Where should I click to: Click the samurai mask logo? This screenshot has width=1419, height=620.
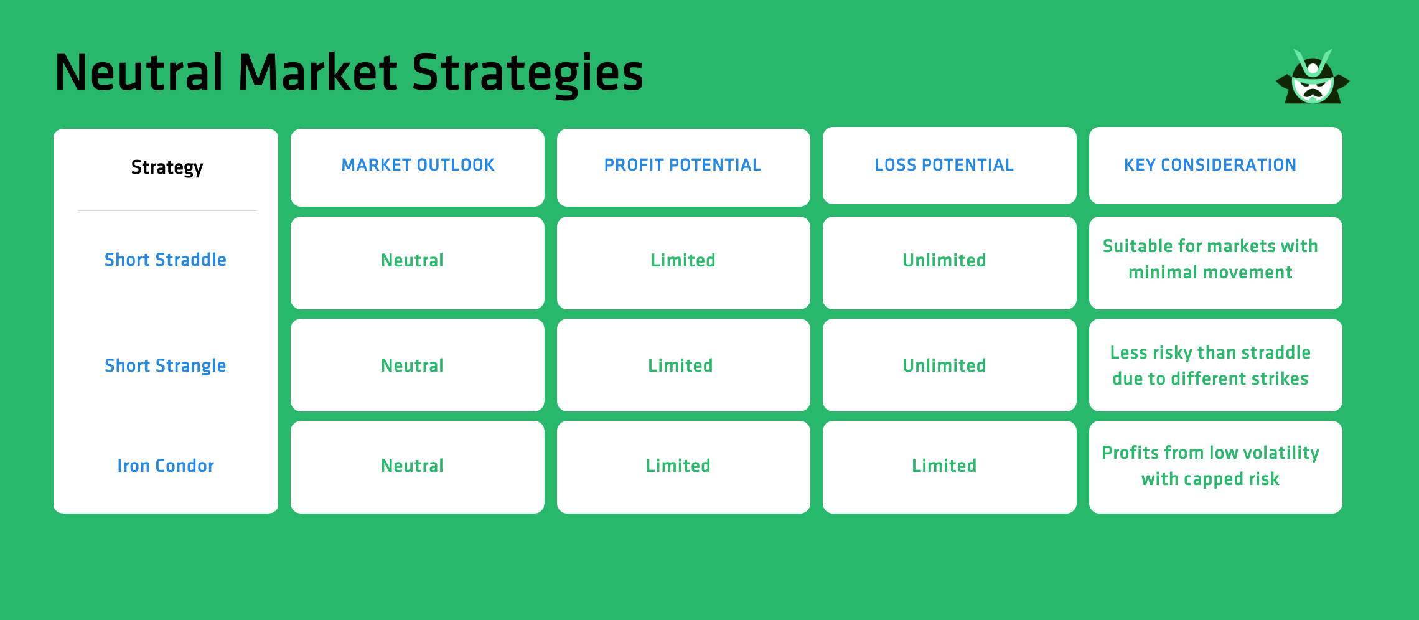(1313, 78)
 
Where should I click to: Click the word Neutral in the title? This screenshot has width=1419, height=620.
(138, 73)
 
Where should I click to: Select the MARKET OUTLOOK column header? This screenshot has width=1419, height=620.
(418, 165)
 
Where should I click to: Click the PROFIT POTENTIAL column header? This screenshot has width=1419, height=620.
(683, 165)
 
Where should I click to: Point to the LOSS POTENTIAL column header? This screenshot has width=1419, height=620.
(944, 165)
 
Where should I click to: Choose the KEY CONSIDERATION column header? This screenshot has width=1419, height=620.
(1210, 165)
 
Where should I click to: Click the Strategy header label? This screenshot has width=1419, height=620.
(167, 167)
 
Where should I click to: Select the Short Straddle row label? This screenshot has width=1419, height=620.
(166, 260)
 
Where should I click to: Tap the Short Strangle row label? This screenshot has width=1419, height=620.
(166, 365)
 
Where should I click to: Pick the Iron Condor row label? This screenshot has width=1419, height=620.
(166, 466)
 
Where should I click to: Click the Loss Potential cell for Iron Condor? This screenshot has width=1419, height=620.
(944, 466)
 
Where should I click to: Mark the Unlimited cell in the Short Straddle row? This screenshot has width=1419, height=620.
(944, 260)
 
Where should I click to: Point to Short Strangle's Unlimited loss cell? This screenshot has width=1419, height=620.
(944, 365)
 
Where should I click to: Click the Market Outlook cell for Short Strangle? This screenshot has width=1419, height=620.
(412, 365)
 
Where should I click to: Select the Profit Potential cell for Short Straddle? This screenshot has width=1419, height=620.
(683, 260)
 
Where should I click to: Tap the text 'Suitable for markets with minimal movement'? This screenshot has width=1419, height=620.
(1210, 259)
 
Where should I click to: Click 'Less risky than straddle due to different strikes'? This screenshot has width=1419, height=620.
(1210, 365)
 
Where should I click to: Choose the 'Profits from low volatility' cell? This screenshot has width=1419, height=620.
(1210, 466)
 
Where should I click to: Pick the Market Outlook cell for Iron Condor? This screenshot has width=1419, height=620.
(412, 466)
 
